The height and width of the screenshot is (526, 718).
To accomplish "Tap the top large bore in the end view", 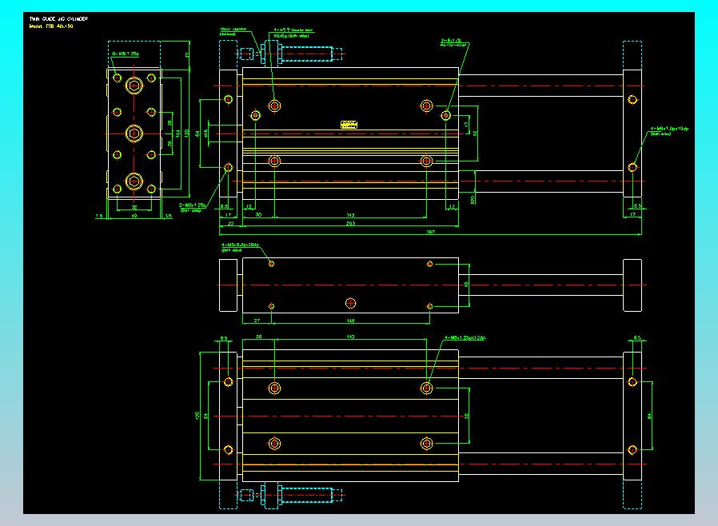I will [x=134, y=84].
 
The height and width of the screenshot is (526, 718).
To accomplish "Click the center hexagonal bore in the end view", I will [x=134, y=132].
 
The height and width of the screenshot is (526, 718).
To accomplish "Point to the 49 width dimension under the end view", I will [x=134, y=215].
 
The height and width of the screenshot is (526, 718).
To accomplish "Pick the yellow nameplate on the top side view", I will [x=349, y=124].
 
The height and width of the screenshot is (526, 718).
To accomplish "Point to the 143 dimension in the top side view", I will [x=350, y=215].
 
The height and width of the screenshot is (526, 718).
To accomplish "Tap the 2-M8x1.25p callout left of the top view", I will [x=193, y=206].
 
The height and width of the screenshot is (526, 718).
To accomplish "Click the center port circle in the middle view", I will [x=350, y=302].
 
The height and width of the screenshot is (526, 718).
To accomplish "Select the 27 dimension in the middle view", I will [x=257, y=320].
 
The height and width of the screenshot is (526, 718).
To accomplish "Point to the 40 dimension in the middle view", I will [x=467, y=285].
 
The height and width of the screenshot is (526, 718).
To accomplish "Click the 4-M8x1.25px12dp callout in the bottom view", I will [x=465, y=337].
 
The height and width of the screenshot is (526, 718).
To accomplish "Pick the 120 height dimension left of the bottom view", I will [x=198, y=416].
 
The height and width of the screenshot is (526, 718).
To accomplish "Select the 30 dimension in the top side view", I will [x=258, y=215].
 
